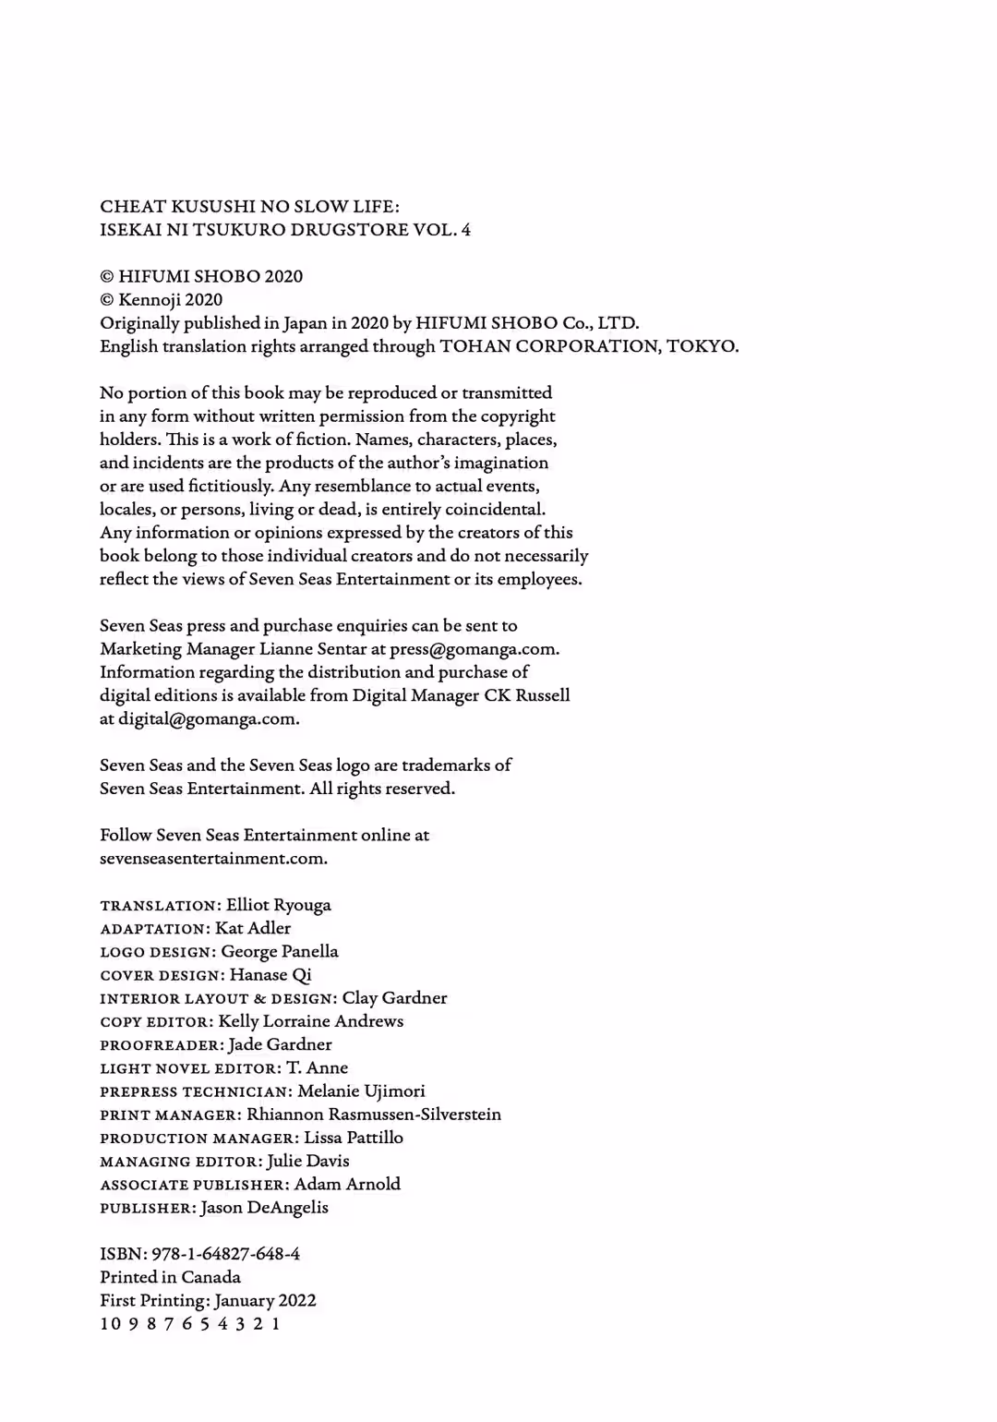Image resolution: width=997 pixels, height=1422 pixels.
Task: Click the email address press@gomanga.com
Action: pyautogui.click(x=474, y=649)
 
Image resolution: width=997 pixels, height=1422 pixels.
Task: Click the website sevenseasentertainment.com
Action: pyautogui.click(x=213, y=859)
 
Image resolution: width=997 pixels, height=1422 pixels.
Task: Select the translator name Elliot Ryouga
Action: pyautogui.click(x=278, y=905)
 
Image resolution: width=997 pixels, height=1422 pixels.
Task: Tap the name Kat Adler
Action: pyautogui.click(x=253, y=928)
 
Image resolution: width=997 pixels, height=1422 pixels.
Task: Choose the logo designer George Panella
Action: pyautogui.click(x=280, y=951)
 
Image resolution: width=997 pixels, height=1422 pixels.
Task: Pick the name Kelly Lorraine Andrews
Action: pyautogui.click(x=311, y=1021)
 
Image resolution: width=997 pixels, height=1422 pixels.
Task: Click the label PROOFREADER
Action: pyautogui.click(x=160, y=1045)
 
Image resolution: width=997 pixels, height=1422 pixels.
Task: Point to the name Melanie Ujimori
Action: pyautogui.click(x=361, y=1091)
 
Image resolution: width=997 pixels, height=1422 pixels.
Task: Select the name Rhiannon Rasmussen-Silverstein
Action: pyautogui.click(x=374, y=1115)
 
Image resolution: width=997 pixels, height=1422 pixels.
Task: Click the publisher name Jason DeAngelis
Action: pyautogui.click(x=264, y=1208)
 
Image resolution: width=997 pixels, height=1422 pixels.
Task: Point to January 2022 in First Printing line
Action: pyautogui.click(x=265, y=1300)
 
